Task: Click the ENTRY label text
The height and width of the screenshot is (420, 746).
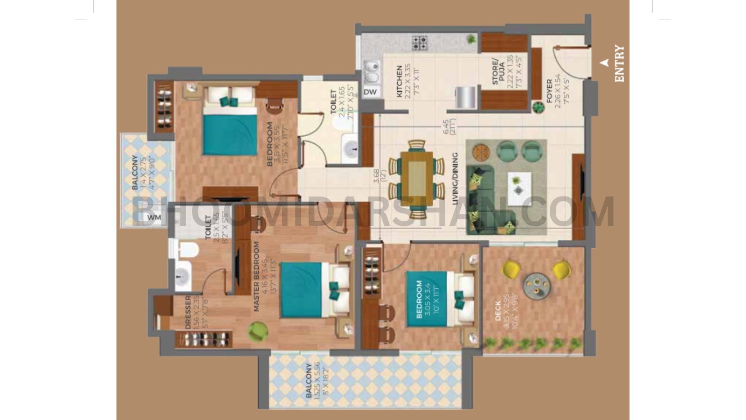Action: pyautogui.click(x=619, y=63)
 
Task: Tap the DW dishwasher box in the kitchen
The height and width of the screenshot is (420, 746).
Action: pyautogui.click(x=370, y=92)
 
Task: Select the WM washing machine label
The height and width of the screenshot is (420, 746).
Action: pyautogui.click(x=154, y=217)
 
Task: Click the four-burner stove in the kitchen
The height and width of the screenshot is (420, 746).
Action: pyautogui.click(x=419, y=43)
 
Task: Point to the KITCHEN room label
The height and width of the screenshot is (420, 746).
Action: pyautogui.click(x=400, y=81)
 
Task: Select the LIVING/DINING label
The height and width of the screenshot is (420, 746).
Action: pyautogui.click(x=455, y=179)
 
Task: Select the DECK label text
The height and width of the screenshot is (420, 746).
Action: pyautogui.click(x=498, y=311)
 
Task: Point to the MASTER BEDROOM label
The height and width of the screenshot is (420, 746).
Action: pyautogui.click(x=256, y=276)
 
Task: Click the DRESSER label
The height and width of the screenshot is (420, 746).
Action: pyautogui.click(x=188, y=312)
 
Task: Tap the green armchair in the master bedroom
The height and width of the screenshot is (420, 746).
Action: pyautogui.click(x=257, y=331)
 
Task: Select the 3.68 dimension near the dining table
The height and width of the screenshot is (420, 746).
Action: pyautogui.click(x=376, y=175)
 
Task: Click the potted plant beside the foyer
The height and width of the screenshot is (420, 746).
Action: pyautogui.click(x=539, y=108)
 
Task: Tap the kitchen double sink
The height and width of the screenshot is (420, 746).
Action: pyautogui.click(x=372, y=72)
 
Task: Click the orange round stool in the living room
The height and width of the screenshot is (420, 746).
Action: pyautogui.click(x=481, y=152)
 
